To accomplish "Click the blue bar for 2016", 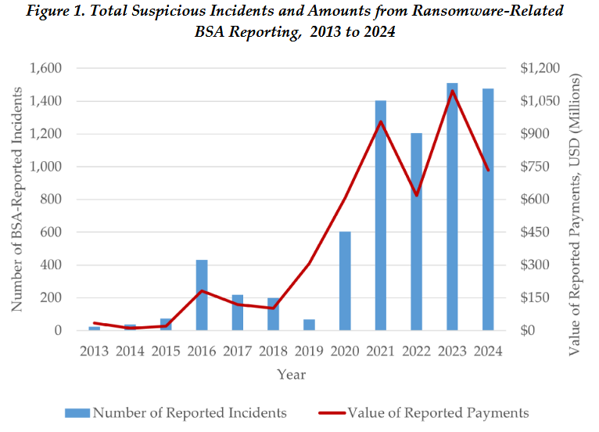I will pos(201,295).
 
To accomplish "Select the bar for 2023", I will pos(452,207).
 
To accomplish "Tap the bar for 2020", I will pos(345,281).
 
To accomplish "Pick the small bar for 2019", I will pos(309,324).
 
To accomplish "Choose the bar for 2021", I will pos(381,215).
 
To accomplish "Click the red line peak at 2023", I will pos(452,90).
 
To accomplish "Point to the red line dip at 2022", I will pos(416,195).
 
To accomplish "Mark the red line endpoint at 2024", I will pos(488,170).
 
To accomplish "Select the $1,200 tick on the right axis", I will pos(539,69).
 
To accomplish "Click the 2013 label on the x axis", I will pos(95,351).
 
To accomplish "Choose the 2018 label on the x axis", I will pos(273,351).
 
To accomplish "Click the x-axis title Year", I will pos(291,374).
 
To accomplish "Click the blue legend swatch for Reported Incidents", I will pos(77,412).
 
